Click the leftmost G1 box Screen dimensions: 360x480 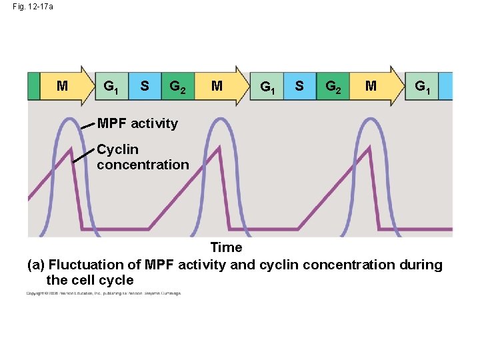(111, 86)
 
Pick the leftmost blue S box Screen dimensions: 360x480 (145, 86)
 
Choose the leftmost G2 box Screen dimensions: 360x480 (177, 86)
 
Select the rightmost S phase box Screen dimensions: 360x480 (299, 86)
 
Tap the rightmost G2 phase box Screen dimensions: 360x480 (332, 86)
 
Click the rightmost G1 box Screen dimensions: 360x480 (422, 86)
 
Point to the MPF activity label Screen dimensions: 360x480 (137, 123)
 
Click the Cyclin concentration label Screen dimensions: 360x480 (143, 157)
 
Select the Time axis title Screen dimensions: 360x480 (226, 248)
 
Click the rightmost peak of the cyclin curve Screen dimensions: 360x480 (369, 150)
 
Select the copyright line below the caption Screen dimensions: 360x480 (103, 293)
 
